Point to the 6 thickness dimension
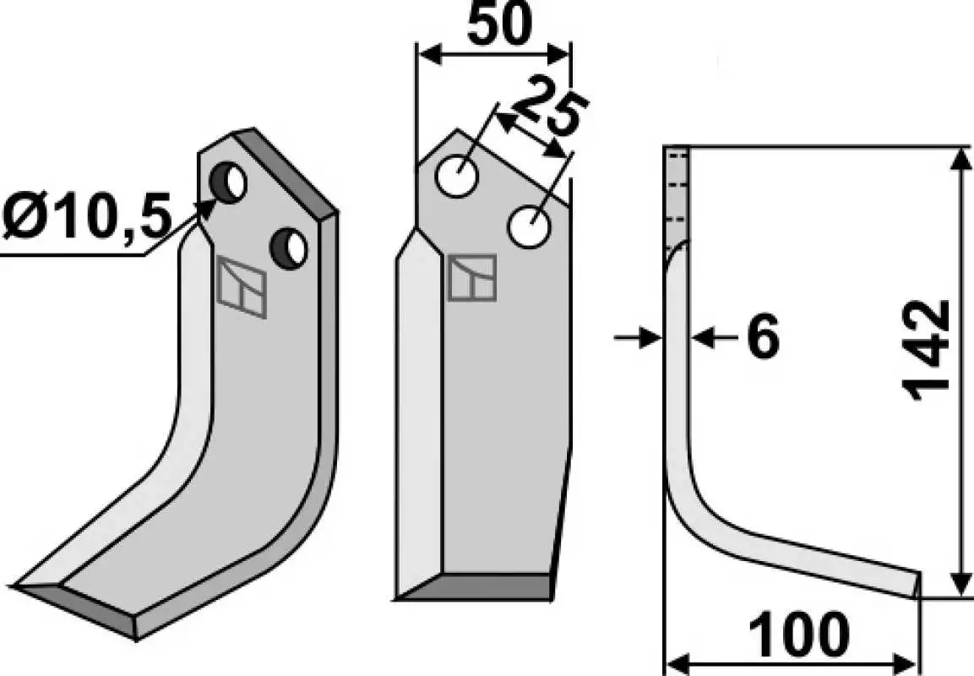click(x=762, y=337)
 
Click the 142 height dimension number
click(x=926, y=351)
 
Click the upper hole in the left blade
click(x=228, y=182)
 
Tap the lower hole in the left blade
click(x=289, y=248)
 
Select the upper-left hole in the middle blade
click(x=457, y=177)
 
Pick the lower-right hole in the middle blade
click(x=530, y=226)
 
